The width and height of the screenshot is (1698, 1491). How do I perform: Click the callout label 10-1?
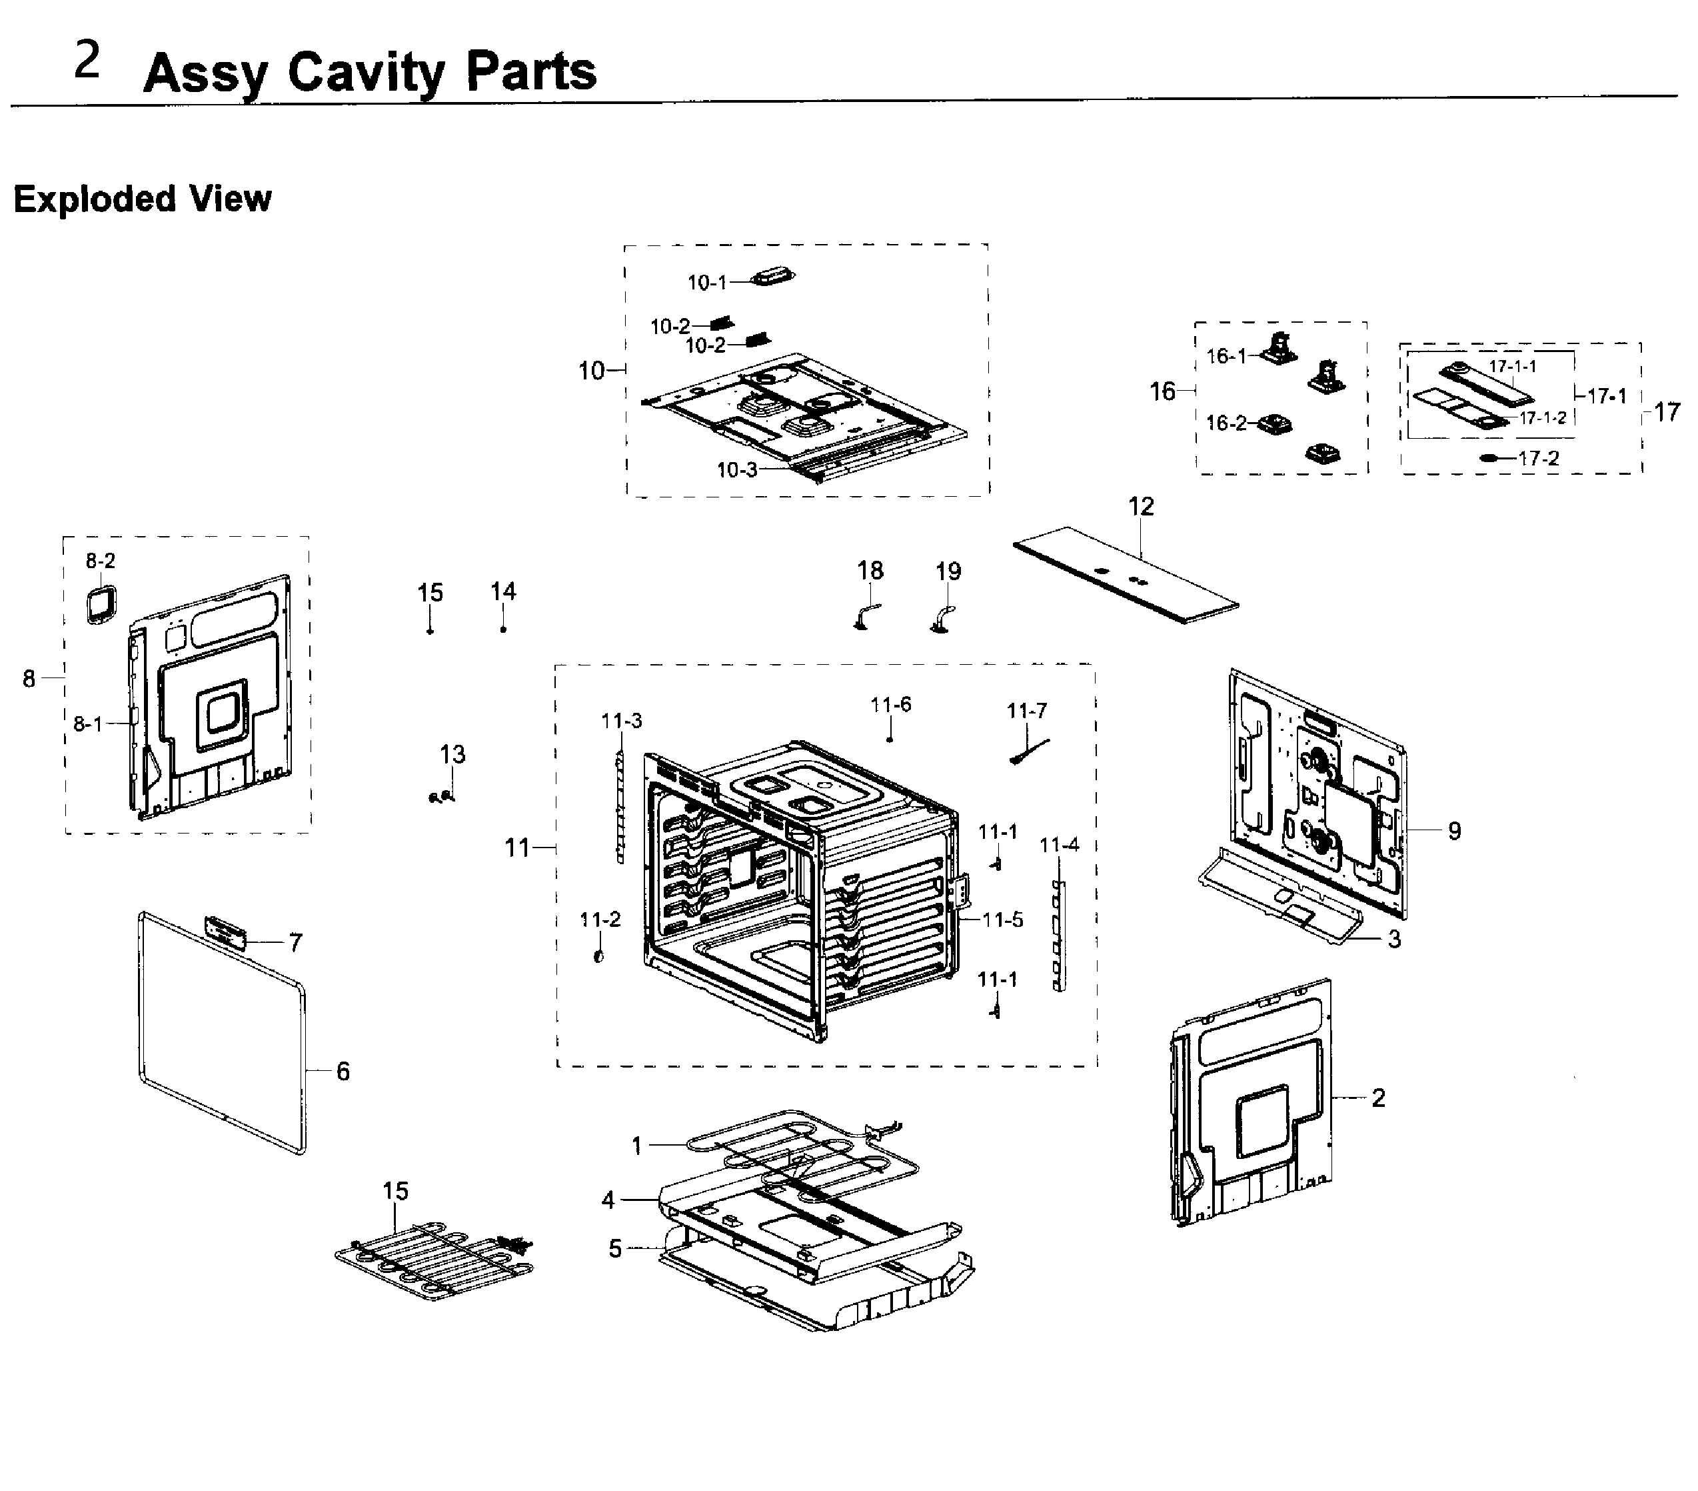pyautogui.click(x=706, y=283)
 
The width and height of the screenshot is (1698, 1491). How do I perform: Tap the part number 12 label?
pyautogui.click(x=1141, y=506)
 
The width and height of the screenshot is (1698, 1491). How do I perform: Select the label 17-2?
pyautogui.click(x=1539, y=458)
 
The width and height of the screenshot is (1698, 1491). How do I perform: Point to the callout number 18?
pyautogui.click(x=870, y=570)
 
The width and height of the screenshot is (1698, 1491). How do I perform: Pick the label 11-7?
pyautogui.click(x=1027, y=711)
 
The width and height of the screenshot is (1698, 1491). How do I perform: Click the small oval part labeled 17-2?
pyautogui.click(x=1489, y=458)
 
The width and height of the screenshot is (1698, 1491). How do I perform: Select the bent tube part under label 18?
pyautogui.click(x=867, y=616)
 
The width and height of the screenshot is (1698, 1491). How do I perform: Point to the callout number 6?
pyautogui.click(x=343, y=1072)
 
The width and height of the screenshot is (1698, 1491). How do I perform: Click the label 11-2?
pyautogui.click(x=600, y=919)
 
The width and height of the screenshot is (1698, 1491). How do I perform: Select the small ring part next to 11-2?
pyautogui.click(x=598, y=958)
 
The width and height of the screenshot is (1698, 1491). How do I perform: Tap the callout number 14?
pyautogui.click(x=502, y=591)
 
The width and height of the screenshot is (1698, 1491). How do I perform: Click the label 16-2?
pyautogui.click(x=1226, y=423)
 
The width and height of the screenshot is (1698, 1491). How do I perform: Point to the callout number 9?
pyautogui.click(x=1454, y=830)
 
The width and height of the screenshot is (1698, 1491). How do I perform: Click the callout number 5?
pyautogui.click(x=614, y=1248)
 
